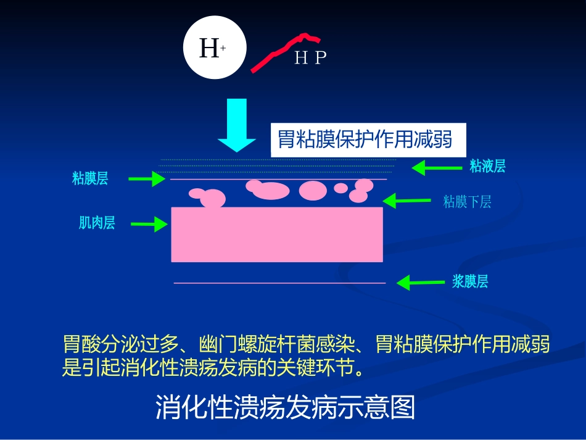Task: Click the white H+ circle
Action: pyautogui.click(x=215, y=47)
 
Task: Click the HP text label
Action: pyautogui.click(x=310, y=57)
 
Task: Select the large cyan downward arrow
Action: pyautogui.click(x=237, y=125)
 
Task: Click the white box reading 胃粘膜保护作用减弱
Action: pyautogui.click(x=368, y=140)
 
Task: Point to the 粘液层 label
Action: pyautogui.click(x=487, y=165)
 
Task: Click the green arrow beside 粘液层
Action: pyautogui.click(x=437, y=168)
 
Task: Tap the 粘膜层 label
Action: pyautogui.click(x=90, y=178)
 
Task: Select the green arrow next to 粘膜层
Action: pyautogui.click(x=147, y=179)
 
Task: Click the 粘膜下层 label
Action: pyautogui.click(x=467, y=202)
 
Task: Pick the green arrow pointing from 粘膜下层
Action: pyautogui.click(x=406, y=201)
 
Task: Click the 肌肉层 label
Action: pyautogui.click(x=97, y=222)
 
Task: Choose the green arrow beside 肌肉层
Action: pyautogui.click(x=149, y=224)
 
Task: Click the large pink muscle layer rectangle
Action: pyautogui.click(x=277, y=235)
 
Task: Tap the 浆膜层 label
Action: pyautogui.click(x=470, y=281)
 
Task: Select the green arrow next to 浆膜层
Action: pyautogui.click(x=421, y=283)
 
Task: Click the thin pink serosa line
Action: pyautogui.click(x=279, y=283)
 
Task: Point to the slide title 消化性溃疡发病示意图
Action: pyautogui.click(x=285, y=407)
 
